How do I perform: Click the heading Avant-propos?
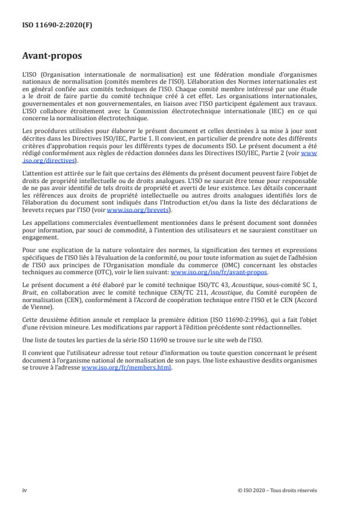[x=52, y=57]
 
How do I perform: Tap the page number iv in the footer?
[x=24, y=490]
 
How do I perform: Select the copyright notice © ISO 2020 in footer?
[x=278, y=490]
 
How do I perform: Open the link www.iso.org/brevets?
[x=130, y=210]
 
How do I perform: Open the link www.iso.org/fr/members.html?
[x=127, y=368]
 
